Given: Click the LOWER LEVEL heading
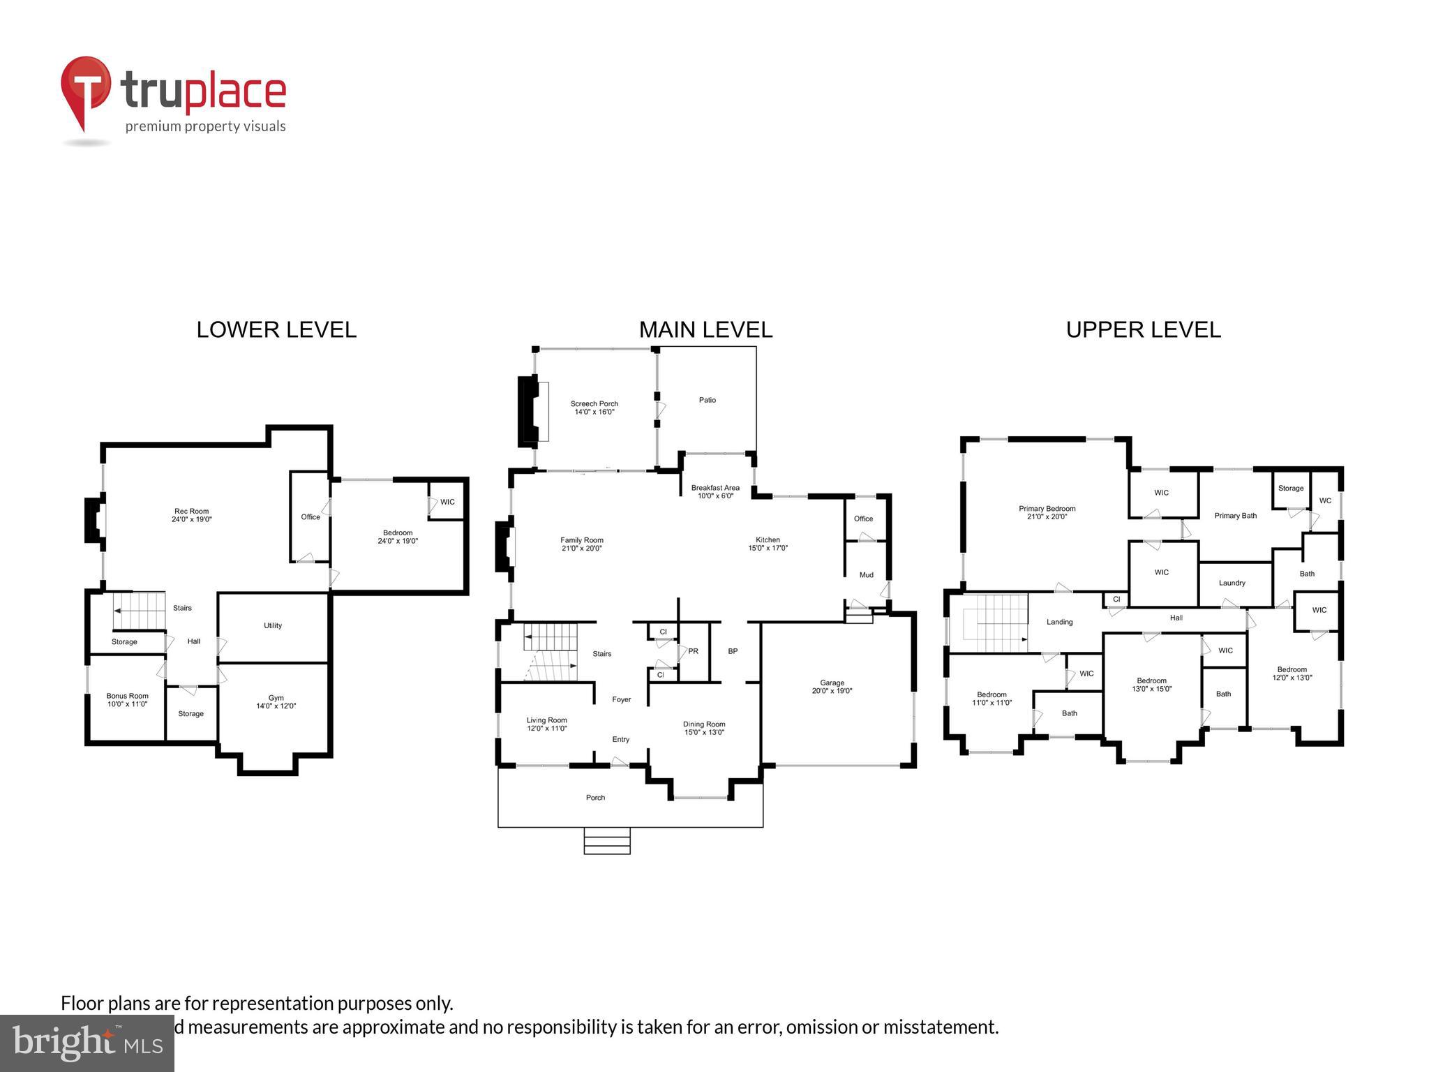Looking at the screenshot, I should (x=276, y=329).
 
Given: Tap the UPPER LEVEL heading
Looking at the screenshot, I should (x=1143, y=329).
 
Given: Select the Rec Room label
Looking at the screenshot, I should (x=191, y=512).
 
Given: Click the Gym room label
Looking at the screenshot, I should (x=276, y=698).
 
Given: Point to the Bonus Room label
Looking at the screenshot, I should (x=128, y=696).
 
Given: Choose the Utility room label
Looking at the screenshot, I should (x=273, y=625).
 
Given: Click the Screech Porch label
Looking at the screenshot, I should (x=594, y=403).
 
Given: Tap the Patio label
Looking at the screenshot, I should (x=708, y=400).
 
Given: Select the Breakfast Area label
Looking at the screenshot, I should (x=715, y=488).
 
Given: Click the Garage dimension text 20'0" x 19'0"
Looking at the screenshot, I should (x=832, y=691).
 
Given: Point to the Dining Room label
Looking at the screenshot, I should (x=704, y=724).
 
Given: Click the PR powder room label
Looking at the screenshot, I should (x=693, y=651).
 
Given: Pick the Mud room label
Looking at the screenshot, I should (x=866, y=575).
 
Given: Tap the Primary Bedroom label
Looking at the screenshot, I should (x=1047, y=509).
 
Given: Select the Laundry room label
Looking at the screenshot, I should (x=1232, y=583).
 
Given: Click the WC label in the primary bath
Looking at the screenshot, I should (x=1325, y=500).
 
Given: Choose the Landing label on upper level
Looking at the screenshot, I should (x=1059, y=622).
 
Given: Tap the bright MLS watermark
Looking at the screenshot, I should (x=87, y=1043).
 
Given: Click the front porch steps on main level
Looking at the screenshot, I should (x=607, y=841).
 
